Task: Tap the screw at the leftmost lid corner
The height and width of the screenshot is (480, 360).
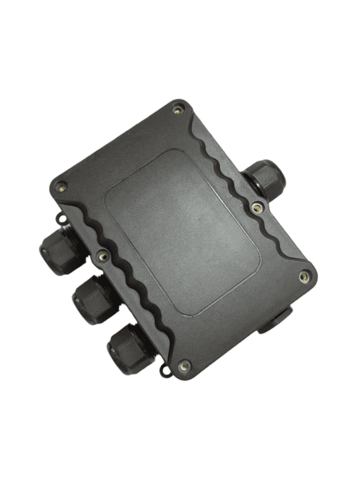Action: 62,184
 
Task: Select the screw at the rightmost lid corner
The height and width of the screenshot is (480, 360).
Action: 304,278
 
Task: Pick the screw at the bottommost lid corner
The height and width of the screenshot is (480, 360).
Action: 183,368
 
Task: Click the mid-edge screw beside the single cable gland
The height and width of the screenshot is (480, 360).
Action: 256,205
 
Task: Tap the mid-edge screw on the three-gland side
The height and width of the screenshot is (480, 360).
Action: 104,256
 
